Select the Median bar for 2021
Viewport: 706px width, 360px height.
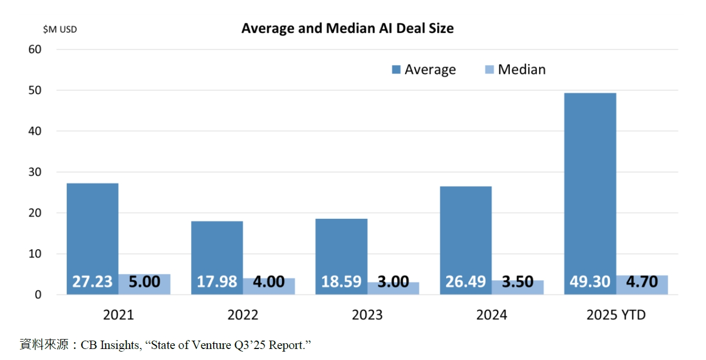pyautogui.click(x=144, y=284)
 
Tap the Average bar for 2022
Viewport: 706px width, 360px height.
pyautogui.click(x=217, y=247)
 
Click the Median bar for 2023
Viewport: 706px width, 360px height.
pyautogui.click(x=393, y=288)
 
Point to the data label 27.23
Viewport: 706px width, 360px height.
pyautogui.click(x=92, y=281)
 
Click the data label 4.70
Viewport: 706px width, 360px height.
pyautogui.click(x=642, y=281)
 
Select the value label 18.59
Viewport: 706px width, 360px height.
pyautogui.click(x=341, y=281)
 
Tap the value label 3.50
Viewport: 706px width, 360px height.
pyautogui.click(x=518, y=281)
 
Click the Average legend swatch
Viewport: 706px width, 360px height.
pyautogui.click(x=396, y=70)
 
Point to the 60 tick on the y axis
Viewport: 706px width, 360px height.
pyautogui.click(x=35, y=49)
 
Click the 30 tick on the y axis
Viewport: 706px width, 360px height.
pyautogui.click(x=35, y=172)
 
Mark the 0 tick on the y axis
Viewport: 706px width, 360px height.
pyautogui.click(x=38, y=295)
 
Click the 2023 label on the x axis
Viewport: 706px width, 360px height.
pyautogui.click(x=367, y=315)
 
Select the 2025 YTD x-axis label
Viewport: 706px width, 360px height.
pyautogui.click(x=616, y=315)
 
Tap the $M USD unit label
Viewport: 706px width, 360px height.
pyautogui.click(x=60, y=29)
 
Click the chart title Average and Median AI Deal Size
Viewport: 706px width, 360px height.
pyautogui.click(x=347, y=28)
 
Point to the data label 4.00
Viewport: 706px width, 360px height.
pyautogui.click(x=269, y=281)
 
